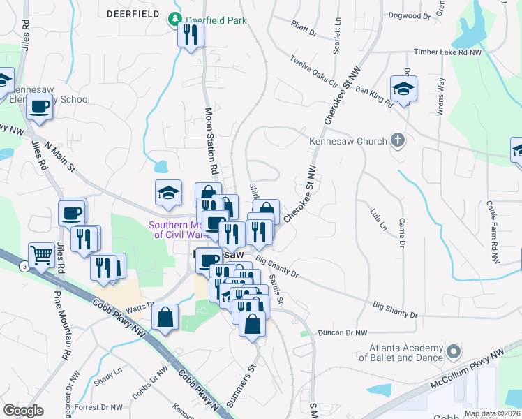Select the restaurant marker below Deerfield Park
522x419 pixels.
(x=190, y=35)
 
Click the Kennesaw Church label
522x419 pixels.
(x=348, y=141)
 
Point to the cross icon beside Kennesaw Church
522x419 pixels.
(x=398, y=141)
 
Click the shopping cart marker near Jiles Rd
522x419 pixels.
(x=42, y=256)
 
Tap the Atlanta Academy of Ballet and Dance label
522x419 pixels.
(x=401, y=353)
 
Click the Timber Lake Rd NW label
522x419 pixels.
(x=447, y=52)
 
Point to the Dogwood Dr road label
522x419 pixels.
(x=408, y=15)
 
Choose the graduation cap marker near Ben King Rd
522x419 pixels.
(x=403, y=89)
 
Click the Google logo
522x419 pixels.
(x=23, y=410)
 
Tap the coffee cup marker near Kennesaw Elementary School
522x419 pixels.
(x=40, y=108)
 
